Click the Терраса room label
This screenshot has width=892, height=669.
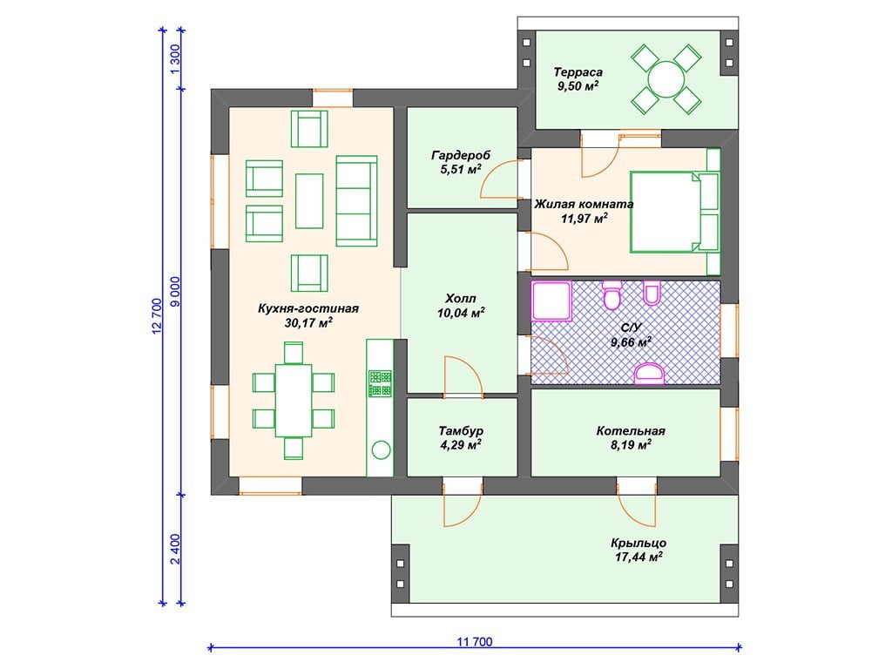click(x=578, y=72)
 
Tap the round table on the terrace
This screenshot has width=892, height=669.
click(x=666, y=80)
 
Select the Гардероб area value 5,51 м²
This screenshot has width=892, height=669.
click(x=461, y=170)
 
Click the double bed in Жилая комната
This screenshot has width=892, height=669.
click(x=675, y=212)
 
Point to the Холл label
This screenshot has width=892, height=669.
click(x=461, y=299)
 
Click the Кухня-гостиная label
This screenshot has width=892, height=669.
click(x=308, y=308)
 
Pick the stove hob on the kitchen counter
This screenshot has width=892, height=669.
click(x=380, y=383)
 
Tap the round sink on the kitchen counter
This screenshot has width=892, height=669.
click(x=381, y=450)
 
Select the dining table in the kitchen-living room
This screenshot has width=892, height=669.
click(x=294, y=401)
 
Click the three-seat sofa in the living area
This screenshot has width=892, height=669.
click(x=356, y=201)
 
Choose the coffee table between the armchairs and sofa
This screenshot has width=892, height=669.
click(x=309, y=201)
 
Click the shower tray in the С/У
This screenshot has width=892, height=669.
click(x=551, y=301)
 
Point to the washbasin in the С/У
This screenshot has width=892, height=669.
click(x=649, y=373)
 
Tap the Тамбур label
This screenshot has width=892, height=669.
click(x=461, y=431)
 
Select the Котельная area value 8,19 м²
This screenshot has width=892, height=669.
click(x=631, y=445)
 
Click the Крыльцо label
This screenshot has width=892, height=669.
click(x=639, y=544)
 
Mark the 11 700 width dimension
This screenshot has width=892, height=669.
click(x=475, y=642)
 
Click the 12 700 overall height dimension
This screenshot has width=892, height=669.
click(x=158, y=316)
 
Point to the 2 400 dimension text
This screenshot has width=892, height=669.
click(x=176, y=549)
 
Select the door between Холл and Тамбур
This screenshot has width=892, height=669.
click(x=463, y=375)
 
